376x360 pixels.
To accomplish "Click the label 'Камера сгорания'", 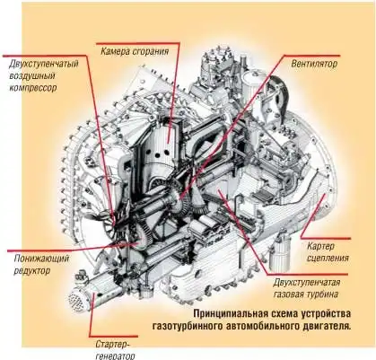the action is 135,51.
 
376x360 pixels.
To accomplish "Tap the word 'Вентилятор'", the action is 314,64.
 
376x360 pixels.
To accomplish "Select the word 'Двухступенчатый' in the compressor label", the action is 44,64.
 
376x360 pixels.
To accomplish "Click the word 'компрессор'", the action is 33,88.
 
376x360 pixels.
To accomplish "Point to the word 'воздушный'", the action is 32,75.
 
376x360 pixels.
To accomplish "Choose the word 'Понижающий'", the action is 41,259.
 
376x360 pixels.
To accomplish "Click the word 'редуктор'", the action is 31,271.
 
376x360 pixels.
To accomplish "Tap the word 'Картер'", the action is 320,247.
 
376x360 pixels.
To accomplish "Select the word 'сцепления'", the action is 328,258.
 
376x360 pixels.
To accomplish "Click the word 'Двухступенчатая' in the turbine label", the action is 306,283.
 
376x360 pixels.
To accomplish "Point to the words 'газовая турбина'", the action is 306,294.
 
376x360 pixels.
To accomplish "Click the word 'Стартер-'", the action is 113,344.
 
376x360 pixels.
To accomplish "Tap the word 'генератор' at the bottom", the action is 115,356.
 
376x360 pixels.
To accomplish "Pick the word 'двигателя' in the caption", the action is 325,326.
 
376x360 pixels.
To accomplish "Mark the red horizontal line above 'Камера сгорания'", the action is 137,43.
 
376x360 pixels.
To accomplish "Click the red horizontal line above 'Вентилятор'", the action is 311,56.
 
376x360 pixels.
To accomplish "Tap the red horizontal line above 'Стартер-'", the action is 114,336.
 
